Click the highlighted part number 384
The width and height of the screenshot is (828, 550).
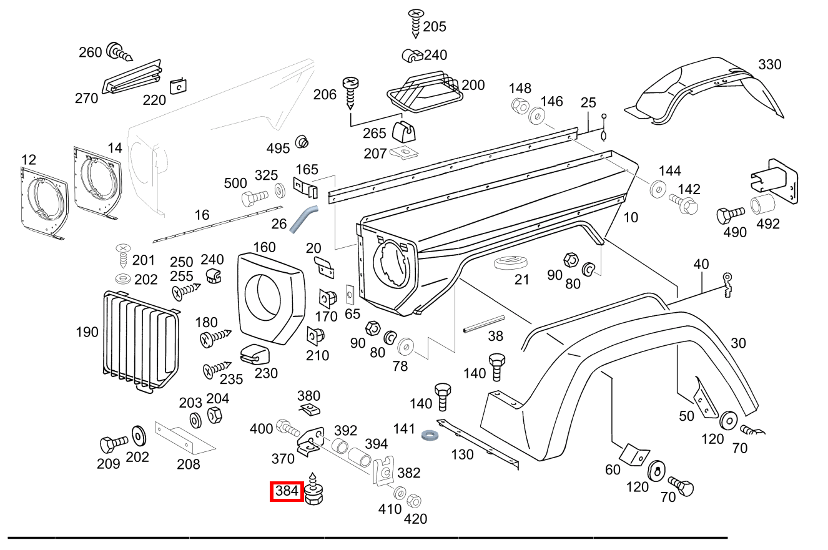[x=287, y=491]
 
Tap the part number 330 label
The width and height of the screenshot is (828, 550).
[x=770, y=64]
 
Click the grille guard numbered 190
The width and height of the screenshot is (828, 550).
[x=140, y=340]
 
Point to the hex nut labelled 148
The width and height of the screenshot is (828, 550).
[x=519, y=106]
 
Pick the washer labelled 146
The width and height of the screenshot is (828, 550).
[x=536, y=115]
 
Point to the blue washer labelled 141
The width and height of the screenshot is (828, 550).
[x=429, y=433]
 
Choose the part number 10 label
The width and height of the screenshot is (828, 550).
[x=631, y=217]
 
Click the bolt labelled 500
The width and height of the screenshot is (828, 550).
[x=254, y=199]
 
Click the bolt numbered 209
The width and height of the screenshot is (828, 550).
[x=112, y=444]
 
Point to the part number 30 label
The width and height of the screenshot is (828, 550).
[x=738, y=343]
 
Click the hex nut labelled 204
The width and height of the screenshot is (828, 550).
[x=212, y=414]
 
